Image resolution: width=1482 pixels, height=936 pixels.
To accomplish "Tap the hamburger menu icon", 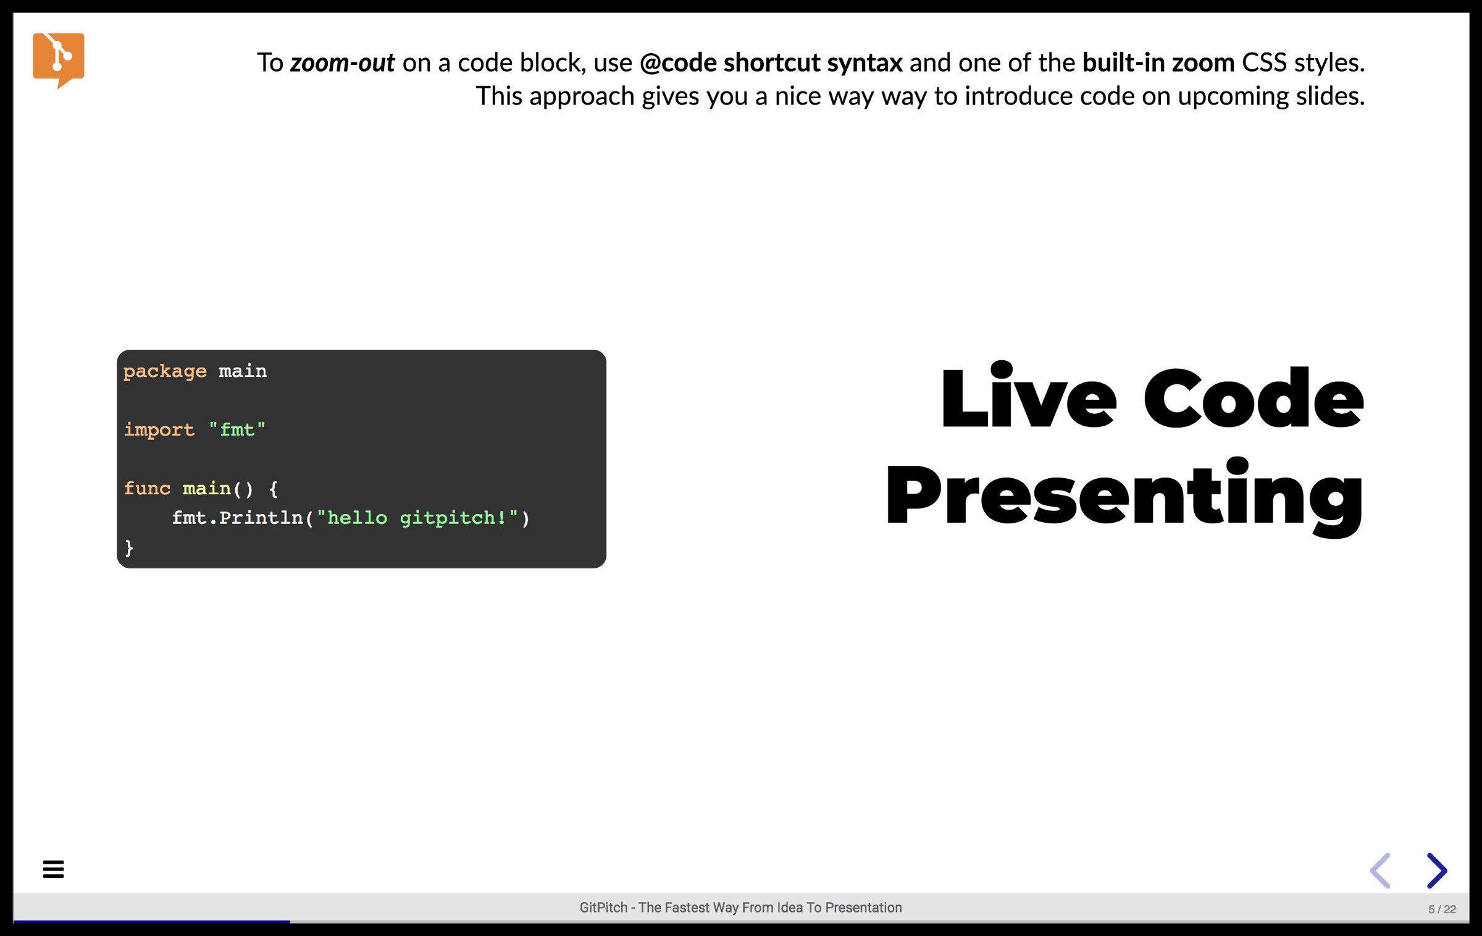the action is coord(53,869).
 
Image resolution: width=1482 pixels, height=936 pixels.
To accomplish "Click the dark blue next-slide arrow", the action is coord(1437,871).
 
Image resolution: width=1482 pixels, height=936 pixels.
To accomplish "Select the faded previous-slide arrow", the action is coord(1380,871).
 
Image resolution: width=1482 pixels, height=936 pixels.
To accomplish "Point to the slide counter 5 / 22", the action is coord(1442,909).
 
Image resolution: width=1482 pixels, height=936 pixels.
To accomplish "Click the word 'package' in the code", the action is coord(165,371).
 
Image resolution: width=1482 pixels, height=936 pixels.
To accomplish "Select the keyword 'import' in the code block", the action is coord(159,429).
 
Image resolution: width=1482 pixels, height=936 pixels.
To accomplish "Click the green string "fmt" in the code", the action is coord(237,429).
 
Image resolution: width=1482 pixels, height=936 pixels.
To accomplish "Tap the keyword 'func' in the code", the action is coord(147,488).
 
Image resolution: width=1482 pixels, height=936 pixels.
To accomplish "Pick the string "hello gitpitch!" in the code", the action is coord(417,518).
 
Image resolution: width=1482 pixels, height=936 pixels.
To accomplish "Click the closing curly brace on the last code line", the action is coord(128,547).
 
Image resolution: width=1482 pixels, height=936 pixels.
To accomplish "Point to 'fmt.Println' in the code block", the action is coord(237,518).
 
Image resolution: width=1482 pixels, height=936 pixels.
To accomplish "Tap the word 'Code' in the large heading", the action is coord(1254,397).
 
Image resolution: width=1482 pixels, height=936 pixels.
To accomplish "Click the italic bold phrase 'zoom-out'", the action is coord(342,63).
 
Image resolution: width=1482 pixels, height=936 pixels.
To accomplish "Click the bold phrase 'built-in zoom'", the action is coord(1158,63).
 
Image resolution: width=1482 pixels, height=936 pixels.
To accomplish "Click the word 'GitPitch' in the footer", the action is coord(603,908).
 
